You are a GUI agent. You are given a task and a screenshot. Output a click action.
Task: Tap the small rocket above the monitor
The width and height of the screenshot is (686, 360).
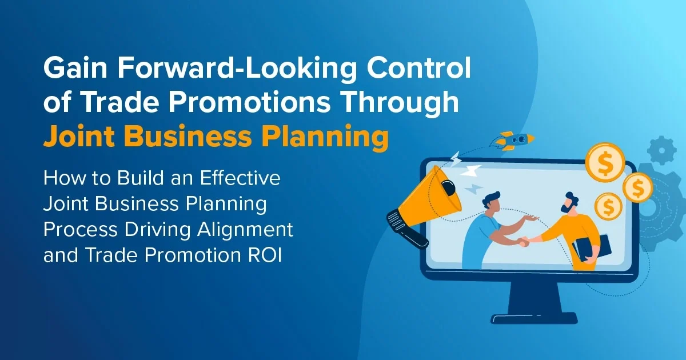pos(514,138)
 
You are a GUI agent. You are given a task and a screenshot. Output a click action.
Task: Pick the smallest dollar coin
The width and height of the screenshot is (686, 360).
pos(608,206)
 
